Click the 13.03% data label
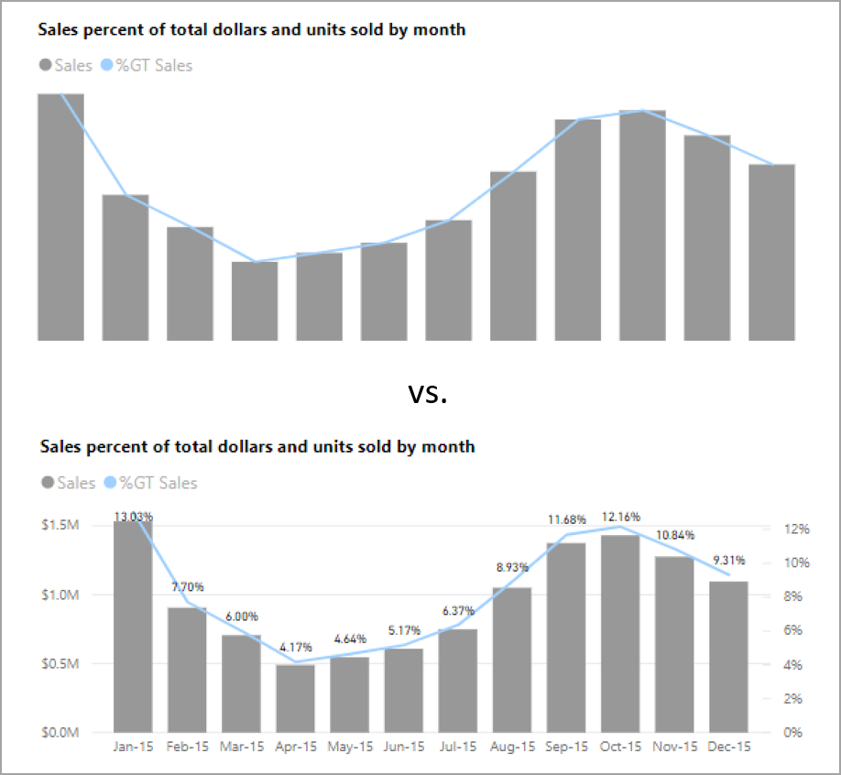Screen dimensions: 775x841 (x=134, y=517)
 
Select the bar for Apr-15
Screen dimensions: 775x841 (x=295, y=698)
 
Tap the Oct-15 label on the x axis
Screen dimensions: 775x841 (x=620, y=747)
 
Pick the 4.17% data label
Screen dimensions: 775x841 (x=295, y=648)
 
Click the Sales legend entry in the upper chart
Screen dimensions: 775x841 (x=65, y=65)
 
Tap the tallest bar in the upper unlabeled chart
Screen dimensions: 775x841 (x=60, y=216)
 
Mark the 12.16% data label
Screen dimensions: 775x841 (x=620, y=516)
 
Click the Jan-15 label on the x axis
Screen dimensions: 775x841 (x=133, y=747)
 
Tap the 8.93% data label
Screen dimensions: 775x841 (x=512, y=568)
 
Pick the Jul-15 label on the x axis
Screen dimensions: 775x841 (x=458, y=747)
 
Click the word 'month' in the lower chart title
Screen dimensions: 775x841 (x=450, y=447)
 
